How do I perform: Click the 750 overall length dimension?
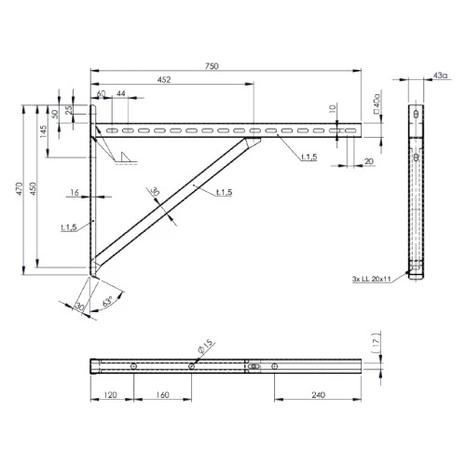tap(225, 62)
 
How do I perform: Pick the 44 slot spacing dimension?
tap(122, 94)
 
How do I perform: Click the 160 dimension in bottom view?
tap(162, 395)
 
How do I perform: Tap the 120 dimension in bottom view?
tap(112, 395)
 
